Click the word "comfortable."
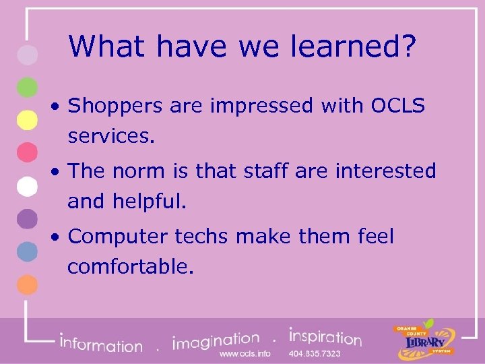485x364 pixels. [x=131, y=266]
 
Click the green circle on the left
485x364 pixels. [x=27, y=87]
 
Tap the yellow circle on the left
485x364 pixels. [x=27, y=119]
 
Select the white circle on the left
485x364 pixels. [x=27, y=185]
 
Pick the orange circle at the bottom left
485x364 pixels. [x=27, y=284]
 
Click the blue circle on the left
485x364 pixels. [x=27, y=251]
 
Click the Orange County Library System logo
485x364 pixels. [x=424, y=340]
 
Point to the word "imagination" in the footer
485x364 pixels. [x=216, y=340]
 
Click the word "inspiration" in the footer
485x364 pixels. [x=325, y=336]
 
